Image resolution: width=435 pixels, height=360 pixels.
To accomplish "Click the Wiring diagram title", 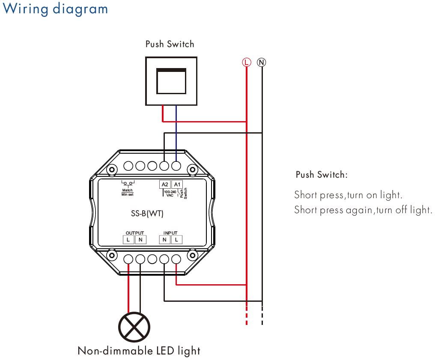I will pyautogui.click(x=55, y=9).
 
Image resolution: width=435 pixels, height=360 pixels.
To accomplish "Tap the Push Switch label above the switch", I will pyautogui.click(x=170, y=44).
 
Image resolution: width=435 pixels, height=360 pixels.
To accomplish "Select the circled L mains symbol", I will pyautogui.click(x=246, y=62).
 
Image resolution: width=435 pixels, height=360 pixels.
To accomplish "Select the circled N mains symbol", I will pyautogui.click(x=261, y=62).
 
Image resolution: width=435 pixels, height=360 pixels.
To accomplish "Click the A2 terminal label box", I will pyautogui.click(x=165, y=184).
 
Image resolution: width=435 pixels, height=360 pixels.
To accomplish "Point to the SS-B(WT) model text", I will pyautogui.click(x=147, y=213).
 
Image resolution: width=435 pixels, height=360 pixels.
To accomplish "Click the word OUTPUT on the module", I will pyautogui.click(x=135, y=233).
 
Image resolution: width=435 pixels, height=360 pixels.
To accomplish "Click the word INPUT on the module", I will pyautogui.click(x=170, y=233).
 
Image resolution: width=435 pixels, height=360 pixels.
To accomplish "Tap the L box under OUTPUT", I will pyautogui.click(x=128, y=240).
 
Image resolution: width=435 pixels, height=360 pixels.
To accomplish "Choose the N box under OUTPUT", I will pyautogui.click(x=140, y=240).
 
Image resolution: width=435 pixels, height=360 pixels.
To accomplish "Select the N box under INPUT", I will pyautogui.click(x=164, y=240).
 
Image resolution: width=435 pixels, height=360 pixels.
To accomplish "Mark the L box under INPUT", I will pyautogui.click(x=176, y=240).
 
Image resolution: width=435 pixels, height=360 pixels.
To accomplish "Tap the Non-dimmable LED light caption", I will pyautogui.click(x=139, y=351).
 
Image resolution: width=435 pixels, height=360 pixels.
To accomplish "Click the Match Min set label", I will pyautogui.click(x=127, y=192).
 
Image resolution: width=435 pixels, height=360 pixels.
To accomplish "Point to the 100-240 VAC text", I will pyautogui.click(x=170, y=193).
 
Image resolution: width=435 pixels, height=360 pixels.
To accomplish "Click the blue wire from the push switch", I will pyautogui.click(x=176, y=133).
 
